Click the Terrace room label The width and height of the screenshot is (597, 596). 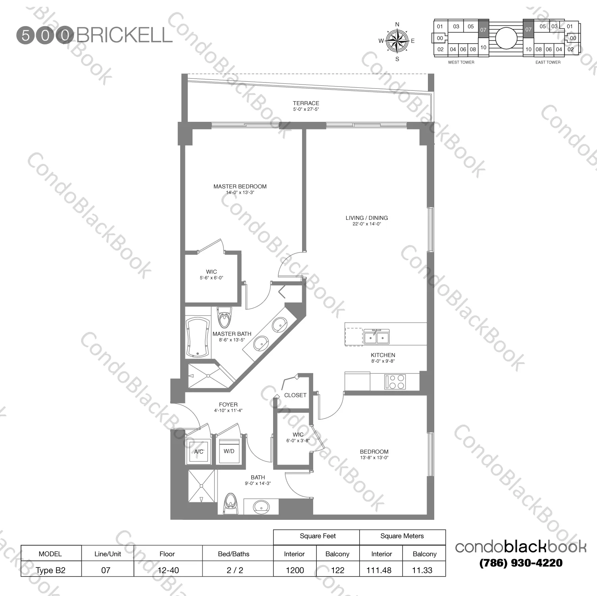pyautogui.click(x=306, y=103)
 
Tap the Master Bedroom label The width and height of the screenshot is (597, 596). pyautogui.click(x=240, y=186)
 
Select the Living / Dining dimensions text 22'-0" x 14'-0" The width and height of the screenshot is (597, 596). pyautogui.click(x=366, y=224)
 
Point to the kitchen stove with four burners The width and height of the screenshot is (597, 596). pyautogui.click(x=395, y=382)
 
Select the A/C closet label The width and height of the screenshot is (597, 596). pyautogui.click(x=199, y=452)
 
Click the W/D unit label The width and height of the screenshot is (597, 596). pyautogui.click(x=229, y=451)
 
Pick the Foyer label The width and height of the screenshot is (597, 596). pyautogui.click(x=228, y=405)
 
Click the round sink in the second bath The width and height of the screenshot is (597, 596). pyautogui.click(x=261, y=507)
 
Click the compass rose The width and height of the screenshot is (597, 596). pyautogui.click(x=397, y=41)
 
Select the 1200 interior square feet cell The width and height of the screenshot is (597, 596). pyautogui.click(x=295, y=570)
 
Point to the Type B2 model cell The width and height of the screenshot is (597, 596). pyautogui.click(x=51, y=570)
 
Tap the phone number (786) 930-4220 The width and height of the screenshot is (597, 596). pyautogui.click(x=521, y=563)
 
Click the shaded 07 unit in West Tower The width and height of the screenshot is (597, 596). pyautogui.click(x=483, y=29)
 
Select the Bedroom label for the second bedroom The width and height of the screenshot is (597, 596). pyautogui.click(x=374, y=452)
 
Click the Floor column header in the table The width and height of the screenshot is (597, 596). pyautogui.click(x=167, y=554)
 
